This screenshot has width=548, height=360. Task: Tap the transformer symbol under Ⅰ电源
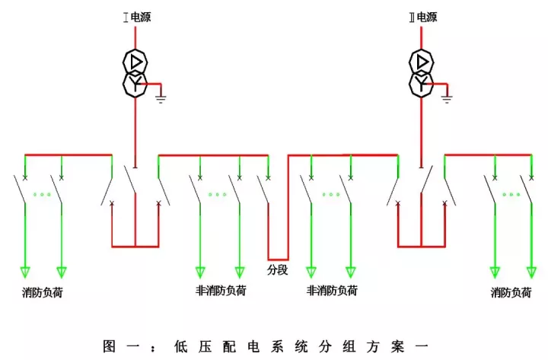coord(135,72)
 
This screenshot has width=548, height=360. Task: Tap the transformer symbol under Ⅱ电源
coord(421,72)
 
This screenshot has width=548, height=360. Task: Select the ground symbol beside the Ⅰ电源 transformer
coord(161,97)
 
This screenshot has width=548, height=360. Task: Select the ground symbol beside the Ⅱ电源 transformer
coord(447,97)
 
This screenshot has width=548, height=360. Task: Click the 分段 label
coord(277,269)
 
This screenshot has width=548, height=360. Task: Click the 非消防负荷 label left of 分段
coord(221,290)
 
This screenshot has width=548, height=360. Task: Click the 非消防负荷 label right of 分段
coord(332,291)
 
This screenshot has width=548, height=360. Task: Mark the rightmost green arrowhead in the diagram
coord(531,271)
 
